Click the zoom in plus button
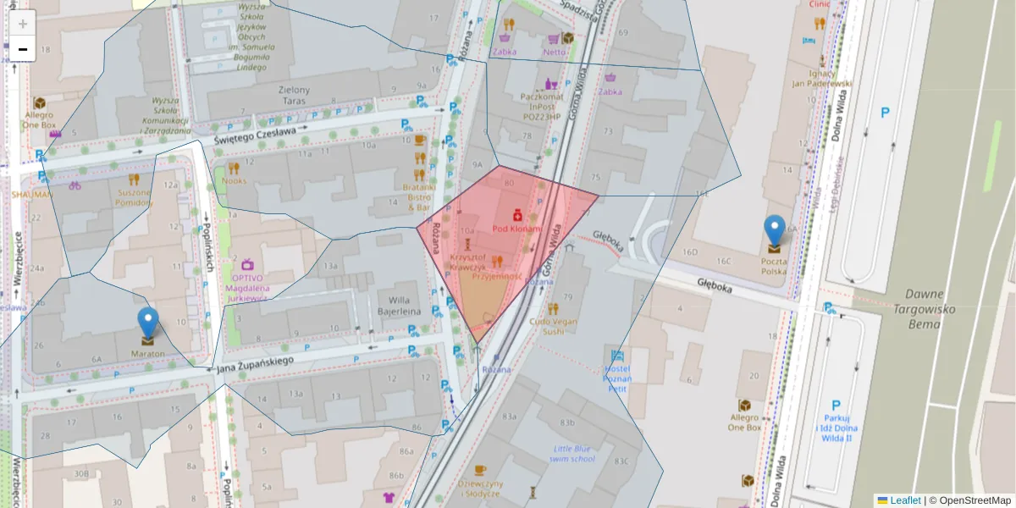(x=23, y=24)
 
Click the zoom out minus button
(x=23, y=49)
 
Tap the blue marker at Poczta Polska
(x=774, y=231)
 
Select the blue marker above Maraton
(x=148, y=323)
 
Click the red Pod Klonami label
(x=516, y=229)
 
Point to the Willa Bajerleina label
(x=404, y=305)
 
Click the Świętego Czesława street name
(x=254, y=132)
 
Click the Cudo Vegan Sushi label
(x=552, y=326)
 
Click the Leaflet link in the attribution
(x=904, y=500)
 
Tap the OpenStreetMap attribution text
(x=969, y=500)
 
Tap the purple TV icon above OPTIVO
(x=247, y=264)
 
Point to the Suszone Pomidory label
(x=134, y=197)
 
